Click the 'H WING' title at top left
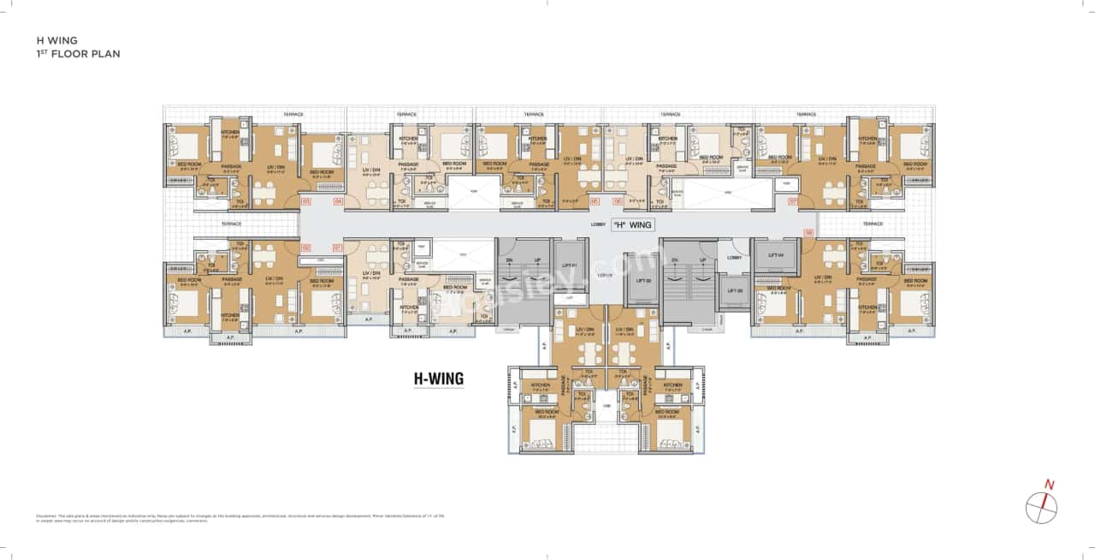[x=56, y=39]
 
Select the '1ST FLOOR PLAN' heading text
[x=78, y=54]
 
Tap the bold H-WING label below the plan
[x=439, y=377]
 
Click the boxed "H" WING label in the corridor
[x=635, y=224]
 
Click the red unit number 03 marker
[x=305, y=201]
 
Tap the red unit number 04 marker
[x=338, y=201]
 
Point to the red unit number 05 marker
[x=594, y=201]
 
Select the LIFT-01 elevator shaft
[x=568, y=266]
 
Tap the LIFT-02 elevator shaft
[x=643, y=280]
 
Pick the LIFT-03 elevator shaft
[x=734, y=291]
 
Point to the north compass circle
[x=1041, y=507]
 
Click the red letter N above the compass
[x=1050, y=485]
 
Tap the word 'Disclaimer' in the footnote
[x=47, y=515]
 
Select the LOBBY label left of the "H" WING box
[x=598, y=224]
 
